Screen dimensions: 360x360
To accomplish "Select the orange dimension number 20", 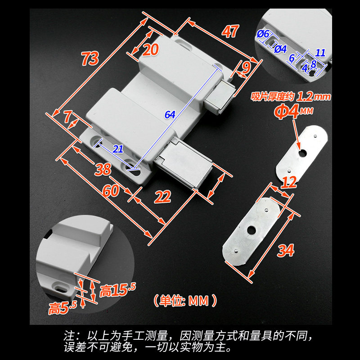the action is tap(152, 49).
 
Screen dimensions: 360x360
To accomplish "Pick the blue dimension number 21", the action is tap(118, 150).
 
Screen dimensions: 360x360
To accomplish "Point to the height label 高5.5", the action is tap(63, 308).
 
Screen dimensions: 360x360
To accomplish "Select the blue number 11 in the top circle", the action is tap(320, 52).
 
